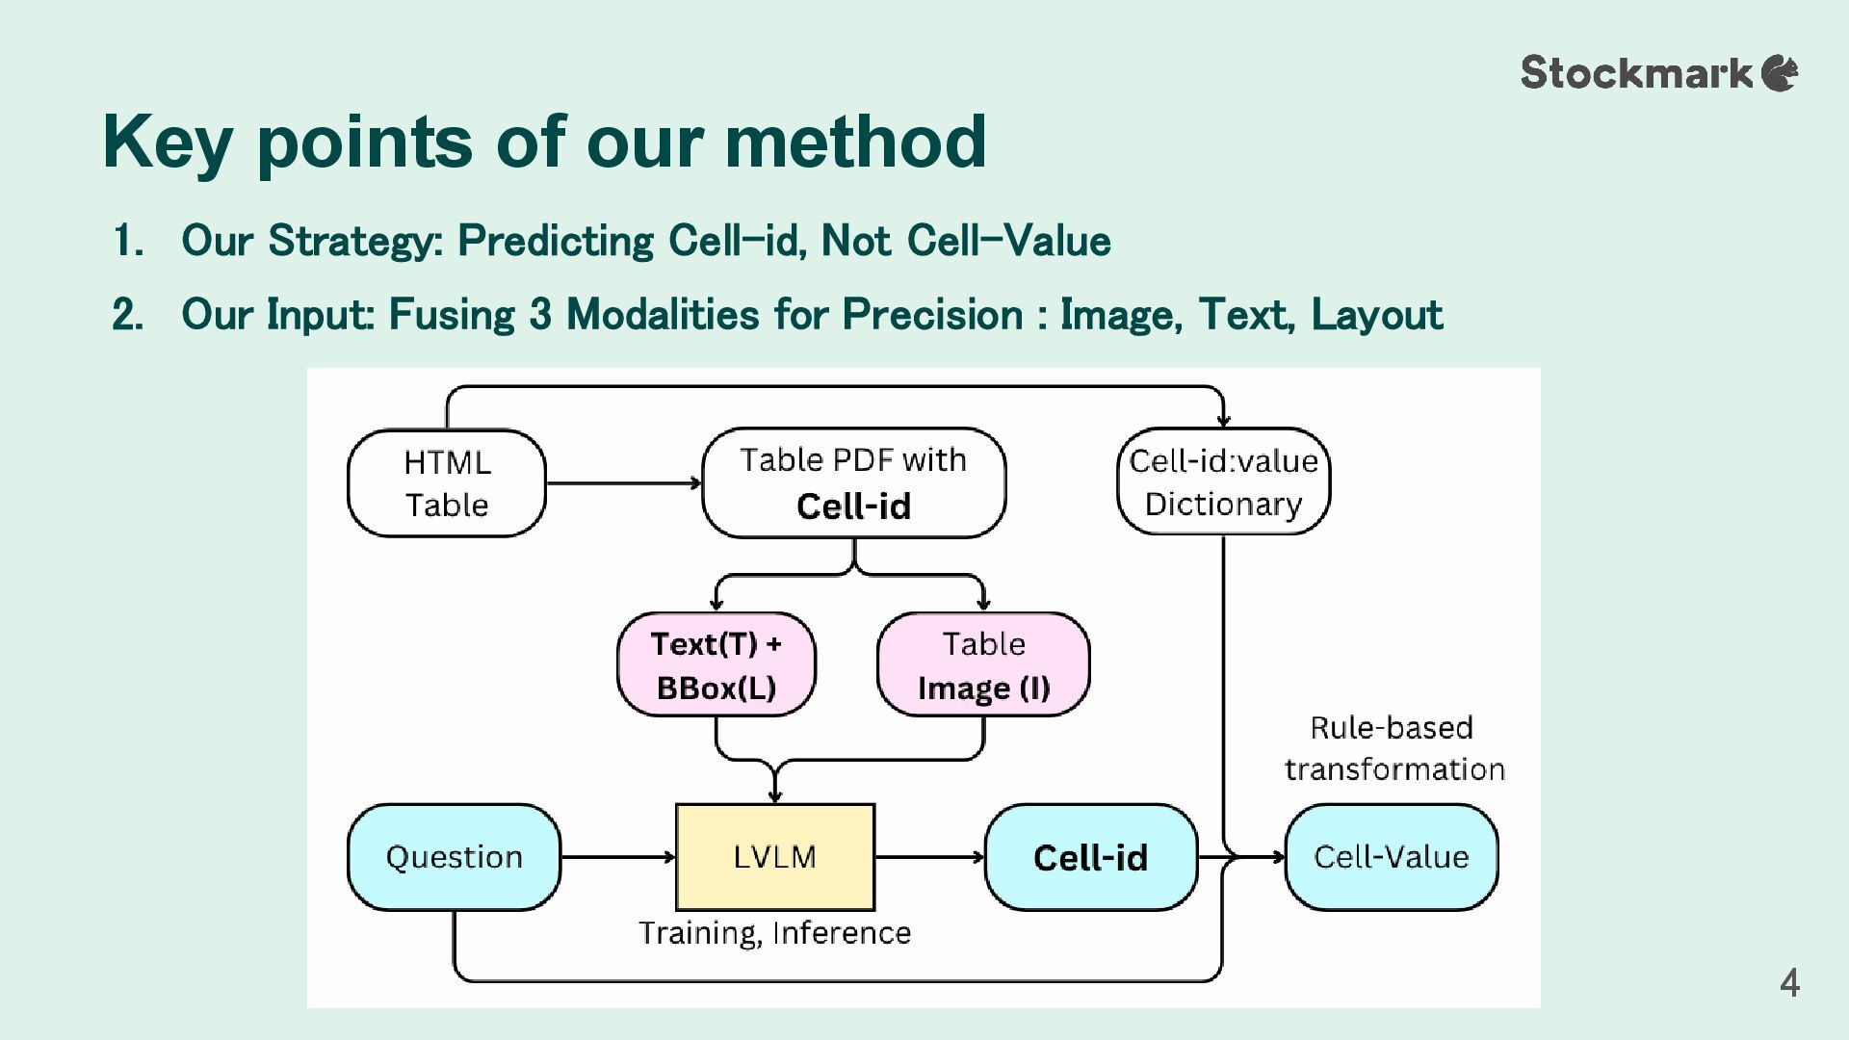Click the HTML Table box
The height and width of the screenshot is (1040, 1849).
447,482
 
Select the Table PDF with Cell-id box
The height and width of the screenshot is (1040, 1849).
854,482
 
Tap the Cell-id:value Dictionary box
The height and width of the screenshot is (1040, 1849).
1223,481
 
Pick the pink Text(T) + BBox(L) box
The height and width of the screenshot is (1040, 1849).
716,664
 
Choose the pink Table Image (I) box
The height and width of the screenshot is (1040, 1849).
983,664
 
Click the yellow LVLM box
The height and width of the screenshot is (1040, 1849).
775,857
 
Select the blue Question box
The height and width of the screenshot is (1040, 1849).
454,857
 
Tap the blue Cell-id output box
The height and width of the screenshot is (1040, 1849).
1091,857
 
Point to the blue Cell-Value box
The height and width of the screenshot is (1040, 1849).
1392,857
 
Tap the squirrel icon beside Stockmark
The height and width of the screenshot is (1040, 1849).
1780,73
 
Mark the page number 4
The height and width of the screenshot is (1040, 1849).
1789,983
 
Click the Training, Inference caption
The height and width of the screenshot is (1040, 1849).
775,933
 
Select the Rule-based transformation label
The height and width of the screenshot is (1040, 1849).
1393,748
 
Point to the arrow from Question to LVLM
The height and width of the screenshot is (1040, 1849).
618,857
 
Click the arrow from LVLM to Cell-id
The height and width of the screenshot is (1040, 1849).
930,857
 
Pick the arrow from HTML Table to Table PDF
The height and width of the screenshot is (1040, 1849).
624,482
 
